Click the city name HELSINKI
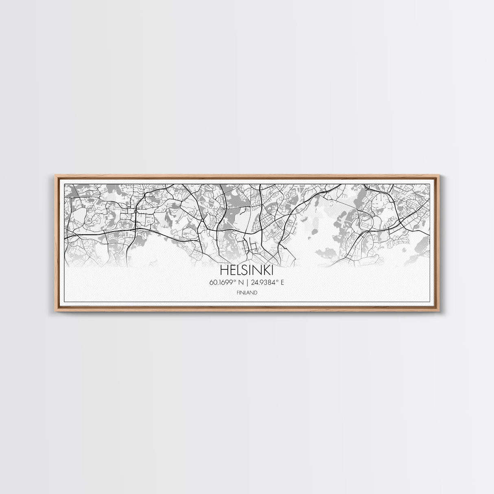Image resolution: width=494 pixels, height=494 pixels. (x=247, y=270)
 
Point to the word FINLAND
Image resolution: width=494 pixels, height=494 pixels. (x=247, y=292)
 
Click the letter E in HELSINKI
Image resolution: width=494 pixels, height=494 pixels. (x=231, y=270)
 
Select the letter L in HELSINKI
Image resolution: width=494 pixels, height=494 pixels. (x=237, y=270)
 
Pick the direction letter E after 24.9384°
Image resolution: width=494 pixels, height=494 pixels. (x=282, y=282)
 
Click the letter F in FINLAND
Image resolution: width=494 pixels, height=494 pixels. (x=237, y=292)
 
